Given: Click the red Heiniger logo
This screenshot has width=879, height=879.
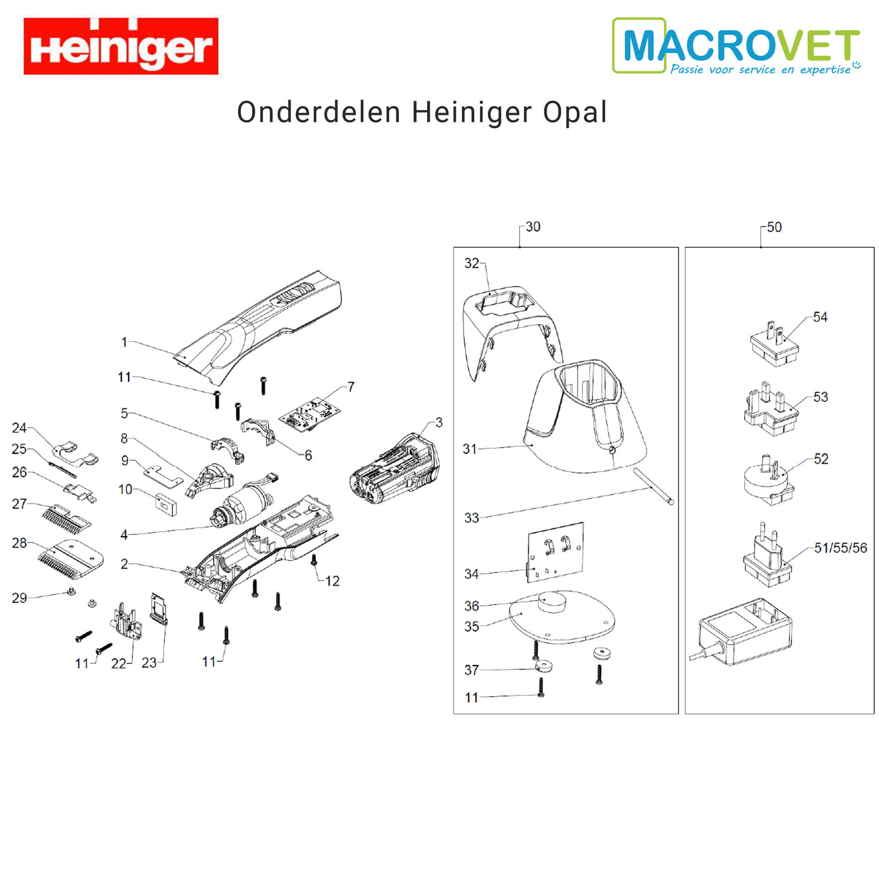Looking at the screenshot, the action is tap(121, 46).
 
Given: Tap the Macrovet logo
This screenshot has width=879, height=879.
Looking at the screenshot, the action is tap(737, 46).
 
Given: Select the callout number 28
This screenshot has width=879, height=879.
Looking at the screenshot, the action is tap(19, 543).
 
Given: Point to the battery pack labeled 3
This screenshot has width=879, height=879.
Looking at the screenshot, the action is tap(395, 469).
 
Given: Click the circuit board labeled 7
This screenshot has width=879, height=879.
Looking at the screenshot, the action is tap(310, 415).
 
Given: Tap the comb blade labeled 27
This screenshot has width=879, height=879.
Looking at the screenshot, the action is tap(67, 519).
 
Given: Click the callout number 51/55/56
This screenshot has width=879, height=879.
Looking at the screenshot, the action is tap(841, 548).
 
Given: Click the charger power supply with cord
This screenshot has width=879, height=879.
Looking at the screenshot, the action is tap(741, 632).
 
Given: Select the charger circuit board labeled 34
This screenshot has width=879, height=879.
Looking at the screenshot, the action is tap(555, 553).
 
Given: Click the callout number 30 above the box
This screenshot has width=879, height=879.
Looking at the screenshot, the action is tap(532, 227).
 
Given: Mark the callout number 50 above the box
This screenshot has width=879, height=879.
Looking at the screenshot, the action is tap(774, 227).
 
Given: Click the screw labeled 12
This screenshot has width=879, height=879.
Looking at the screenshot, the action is tap(314, 559).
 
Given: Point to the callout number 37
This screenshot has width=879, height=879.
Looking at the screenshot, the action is tap(471, 670).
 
